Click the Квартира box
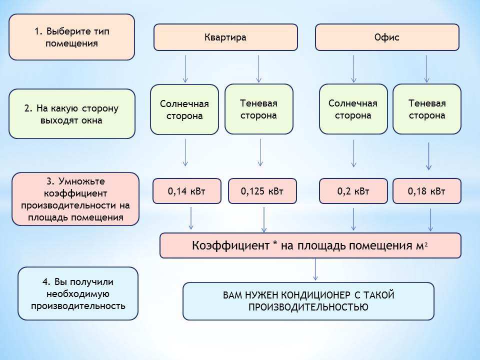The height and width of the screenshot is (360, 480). [225, 37]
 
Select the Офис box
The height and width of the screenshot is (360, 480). [387, 37]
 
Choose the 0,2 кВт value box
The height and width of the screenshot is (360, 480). [353, 191]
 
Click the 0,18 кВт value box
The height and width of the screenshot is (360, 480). [427, 191]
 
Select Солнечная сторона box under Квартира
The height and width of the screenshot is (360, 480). [184, 109]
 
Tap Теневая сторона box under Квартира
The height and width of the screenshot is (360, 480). [258, 109]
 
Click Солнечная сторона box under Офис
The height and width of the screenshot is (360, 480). [353, 109]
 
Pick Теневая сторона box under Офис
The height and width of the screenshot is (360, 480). [427, 109]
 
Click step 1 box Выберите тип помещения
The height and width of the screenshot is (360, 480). [71, 37]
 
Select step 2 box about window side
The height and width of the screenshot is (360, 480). [71, 114]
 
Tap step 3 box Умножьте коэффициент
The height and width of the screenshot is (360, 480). [75, 199]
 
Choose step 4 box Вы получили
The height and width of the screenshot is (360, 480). [77, 293]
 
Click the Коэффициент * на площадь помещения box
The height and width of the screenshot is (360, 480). [310, 245]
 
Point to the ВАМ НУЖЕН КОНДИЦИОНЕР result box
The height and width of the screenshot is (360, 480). [308, 301]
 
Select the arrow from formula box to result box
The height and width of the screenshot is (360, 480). [315, 270]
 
